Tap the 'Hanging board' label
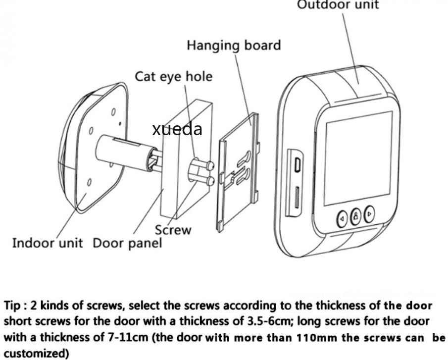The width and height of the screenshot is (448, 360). (x=234, y=46)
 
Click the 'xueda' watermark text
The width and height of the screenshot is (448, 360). (x=177, y=129)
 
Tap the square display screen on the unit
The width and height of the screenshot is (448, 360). (x=358, y=158)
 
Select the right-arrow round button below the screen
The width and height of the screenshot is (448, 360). (x=369, y=214)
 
